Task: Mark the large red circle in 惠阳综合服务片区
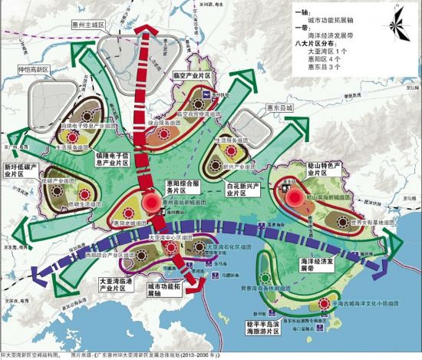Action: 151,203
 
